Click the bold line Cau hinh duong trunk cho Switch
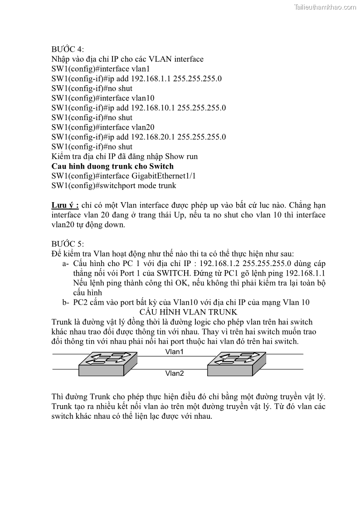(112, 166)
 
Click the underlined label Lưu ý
(65, 205)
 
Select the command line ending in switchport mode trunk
(114, 186)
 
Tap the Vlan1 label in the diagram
(174, 352)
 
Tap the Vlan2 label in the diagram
(174, 373)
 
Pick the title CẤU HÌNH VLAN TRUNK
(189, 312)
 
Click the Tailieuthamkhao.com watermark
(326, 7)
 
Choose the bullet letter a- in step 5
(65, 264)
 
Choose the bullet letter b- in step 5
(65, 303)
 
